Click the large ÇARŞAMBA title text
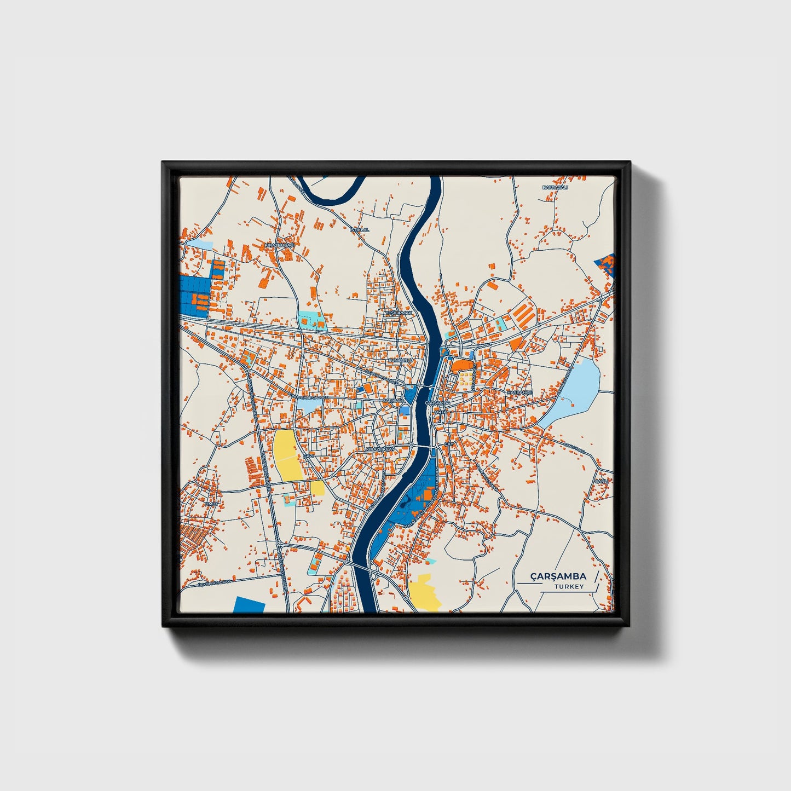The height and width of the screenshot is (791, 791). click(558, 576)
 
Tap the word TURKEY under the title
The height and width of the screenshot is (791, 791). click(569, 587)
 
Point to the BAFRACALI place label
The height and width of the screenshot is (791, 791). click(555, 187)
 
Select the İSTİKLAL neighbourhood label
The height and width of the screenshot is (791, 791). click(360, 229)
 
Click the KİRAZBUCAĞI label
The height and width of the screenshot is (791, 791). click(279, 246)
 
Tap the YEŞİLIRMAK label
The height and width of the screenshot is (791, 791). click(398, 313)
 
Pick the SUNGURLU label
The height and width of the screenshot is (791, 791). click(399, 361)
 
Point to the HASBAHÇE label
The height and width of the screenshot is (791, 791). click(519, 392)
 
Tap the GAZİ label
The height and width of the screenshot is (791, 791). click(308, 455)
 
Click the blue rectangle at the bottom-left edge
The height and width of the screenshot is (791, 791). click(249, 605)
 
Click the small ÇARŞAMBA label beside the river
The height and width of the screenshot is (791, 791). click(437, 403)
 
